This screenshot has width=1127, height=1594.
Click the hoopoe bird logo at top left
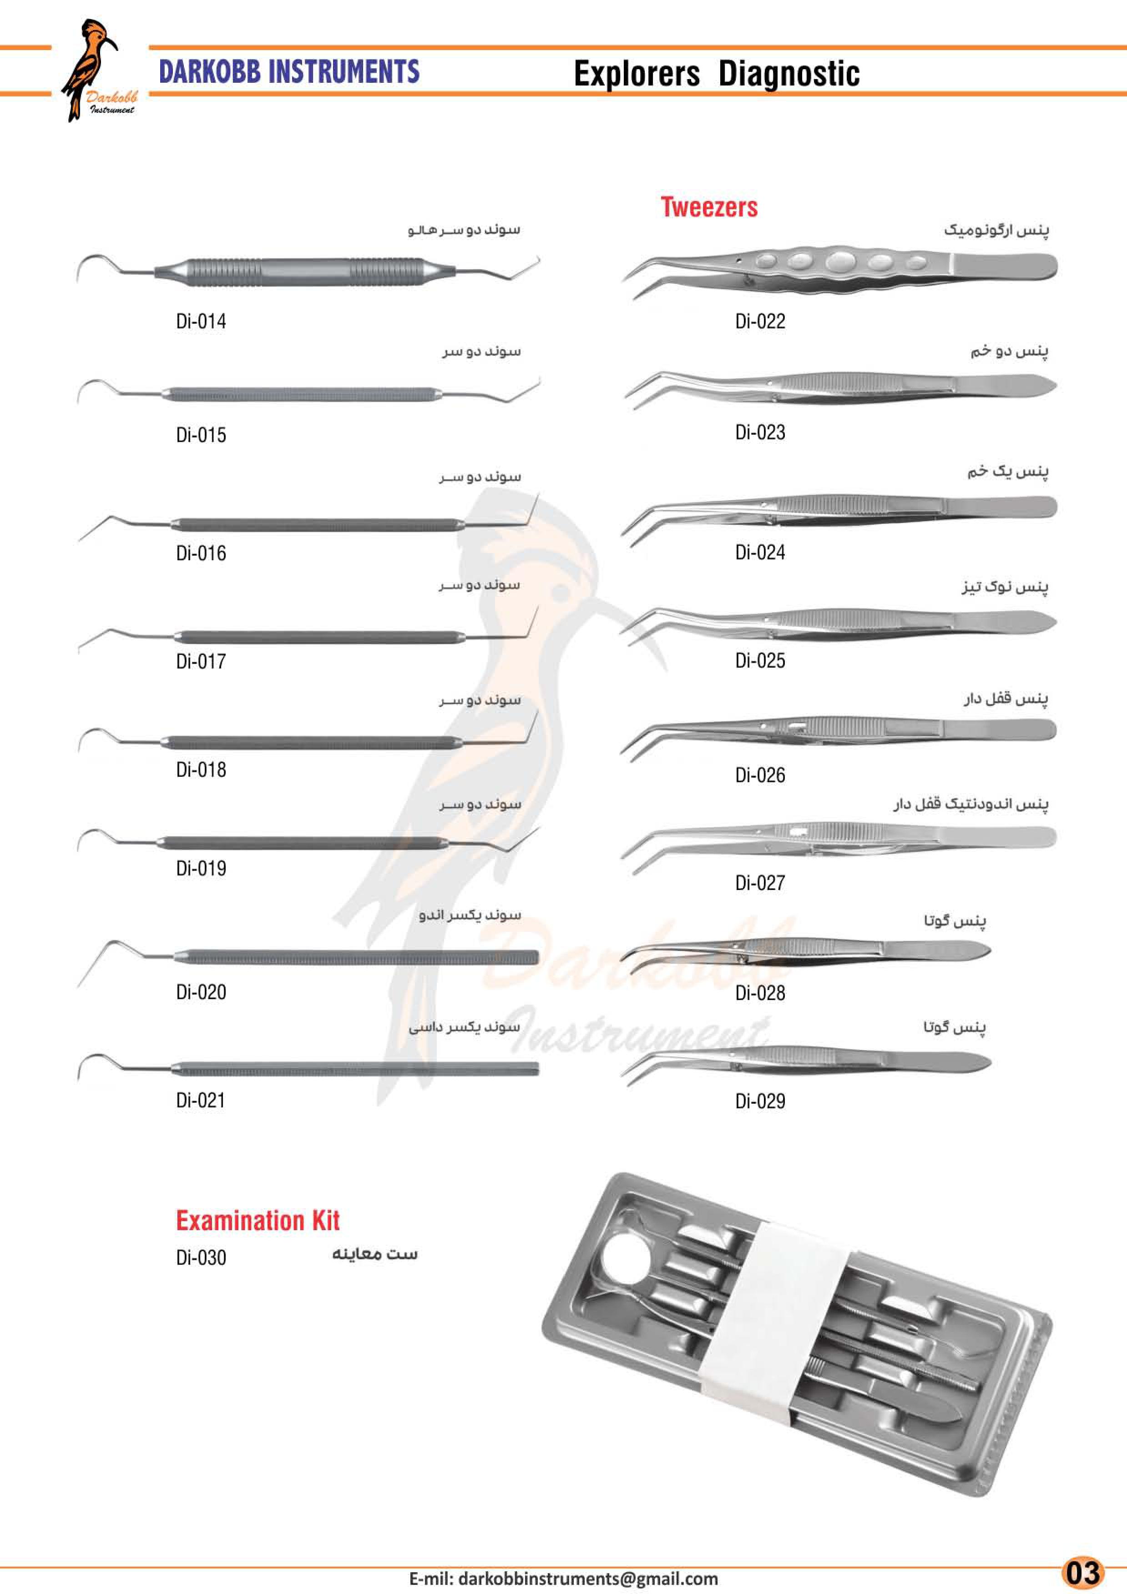(x=97, y=70)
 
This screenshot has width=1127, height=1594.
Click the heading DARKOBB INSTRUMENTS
(x=289, y=71)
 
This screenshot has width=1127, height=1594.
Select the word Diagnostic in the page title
(x=789, y=74)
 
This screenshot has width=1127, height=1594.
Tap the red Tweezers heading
(x=709, y=207)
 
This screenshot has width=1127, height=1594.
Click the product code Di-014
(x=201, y=322)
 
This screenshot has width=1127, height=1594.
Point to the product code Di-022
(x=760, y=322)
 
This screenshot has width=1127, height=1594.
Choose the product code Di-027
(x=760, y=883)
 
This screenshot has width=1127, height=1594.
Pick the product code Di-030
(x=201, y=1257)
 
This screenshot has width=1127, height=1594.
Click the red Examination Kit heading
(x=258, y=1221)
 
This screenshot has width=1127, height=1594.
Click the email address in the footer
(x=563, y=1579)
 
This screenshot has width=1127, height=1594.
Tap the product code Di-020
(x=201, y=992)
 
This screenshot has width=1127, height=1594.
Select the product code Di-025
(x=760, y=660)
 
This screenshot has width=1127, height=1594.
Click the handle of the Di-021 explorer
(x=354, y=1068)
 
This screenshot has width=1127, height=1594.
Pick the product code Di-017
(x=201, y=662)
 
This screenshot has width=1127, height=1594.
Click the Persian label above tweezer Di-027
(x=971, y=805)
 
